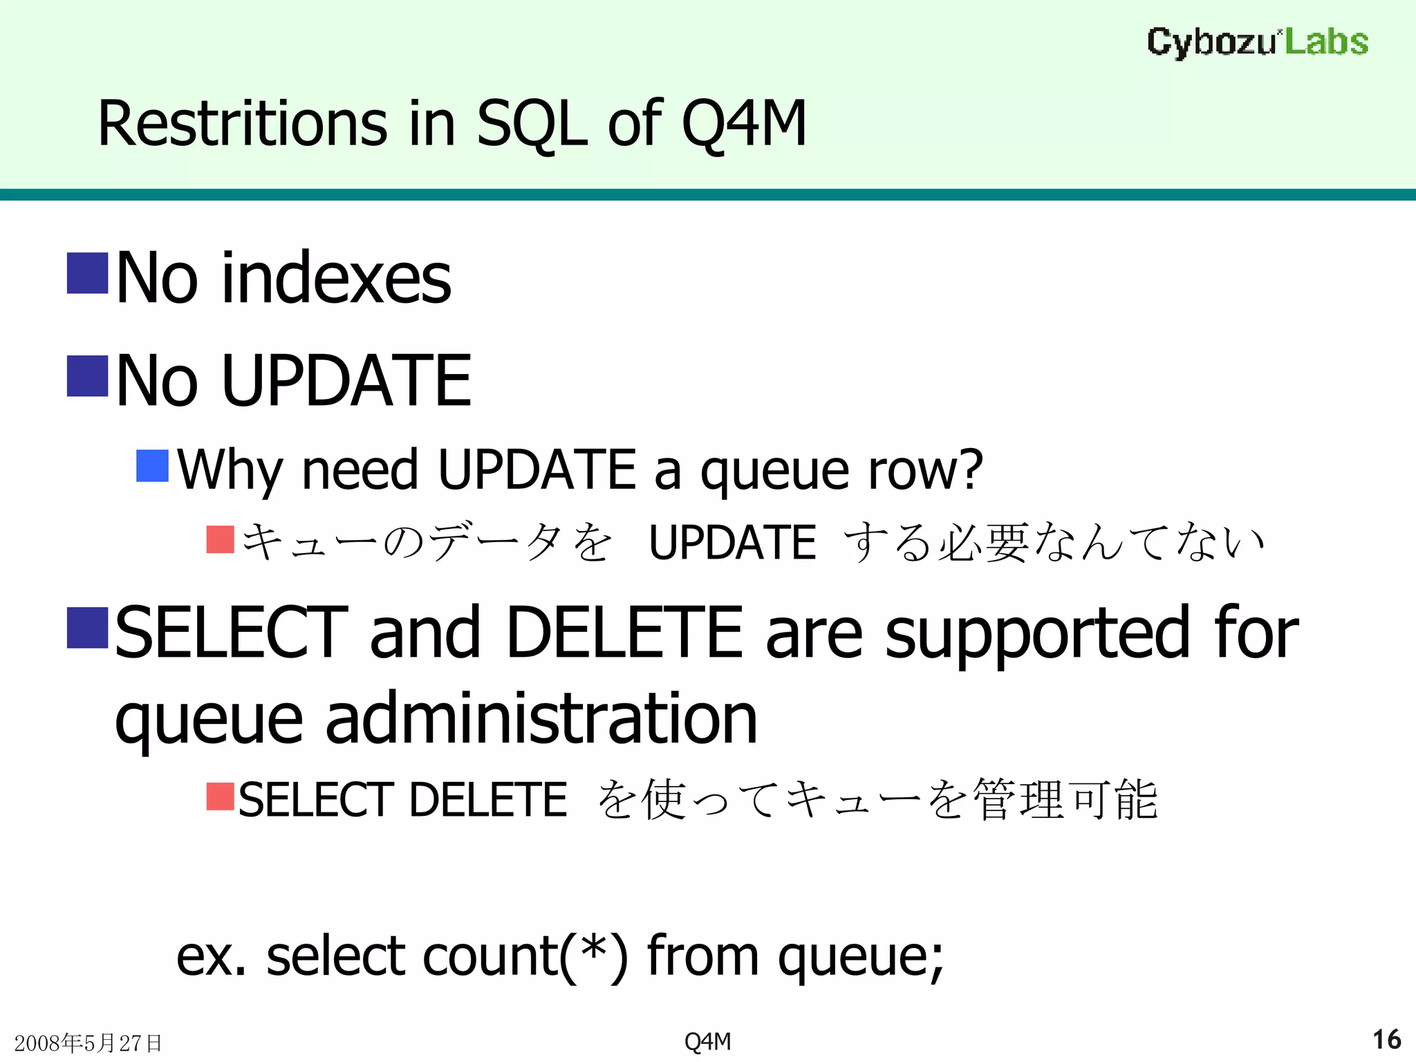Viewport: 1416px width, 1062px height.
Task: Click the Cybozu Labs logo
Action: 1257,42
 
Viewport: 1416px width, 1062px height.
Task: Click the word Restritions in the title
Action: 242,124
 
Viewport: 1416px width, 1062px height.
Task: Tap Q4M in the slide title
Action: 744,124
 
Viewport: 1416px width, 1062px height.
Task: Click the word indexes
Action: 336,279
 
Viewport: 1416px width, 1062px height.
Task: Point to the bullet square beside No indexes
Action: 88,273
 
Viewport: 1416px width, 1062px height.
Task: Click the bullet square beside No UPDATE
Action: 88,376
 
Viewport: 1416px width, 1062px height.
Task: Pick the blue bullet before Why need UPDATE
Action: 153,466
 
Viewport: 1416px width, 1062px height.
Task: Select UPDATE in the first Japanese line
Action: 732,543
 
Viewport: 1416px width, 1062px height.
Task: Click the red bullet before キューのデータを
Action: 221,540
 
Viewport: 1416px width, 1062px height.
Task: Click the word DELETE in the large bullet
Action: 624,632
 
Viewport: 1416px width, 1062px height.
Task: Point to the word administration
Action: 541,720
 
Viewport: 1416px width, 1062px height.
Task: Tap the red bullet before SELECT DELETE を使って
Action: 221,796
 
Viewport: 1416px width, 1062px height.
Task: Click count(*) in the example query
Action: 525,957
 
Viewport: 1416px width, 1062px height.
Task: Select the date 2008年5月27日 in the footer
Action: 88,1043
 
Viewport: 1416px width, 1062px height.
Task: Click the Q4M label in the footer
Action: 707,1041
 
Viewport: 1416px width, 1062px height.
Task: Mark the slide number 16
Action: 1386,1040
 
